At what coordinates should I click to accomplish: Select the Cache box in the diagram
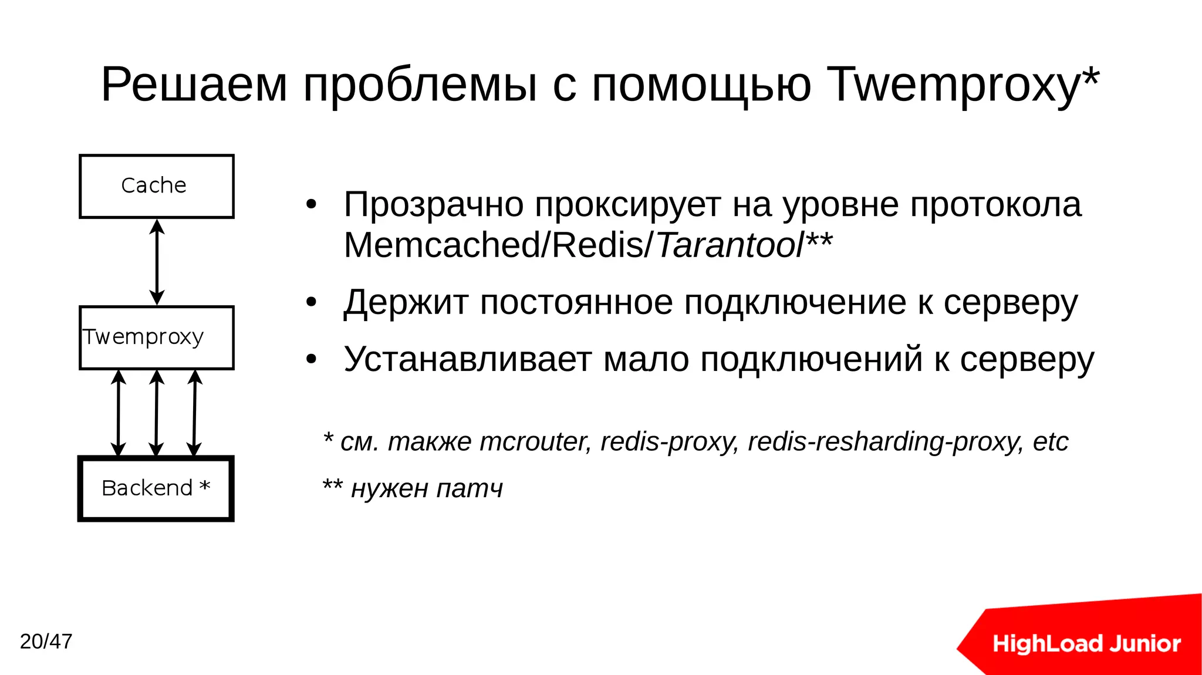(156, 186)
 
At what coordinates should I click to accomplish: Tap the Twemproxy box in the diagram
(156, 338)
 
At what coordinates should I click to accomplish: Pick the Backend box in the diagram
(156, 488)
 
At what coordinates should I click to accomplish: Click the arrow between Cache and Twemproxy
(157, 262)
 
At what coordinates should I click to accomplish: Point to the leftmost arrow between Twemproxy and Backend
(119, 413)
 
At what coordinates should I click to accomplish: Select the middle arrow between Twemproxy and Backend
(156, 413)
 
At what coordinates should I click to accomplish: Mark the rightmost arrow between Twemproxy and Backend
(194, 413)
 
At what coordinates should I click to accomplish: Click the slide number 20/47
(46, 642)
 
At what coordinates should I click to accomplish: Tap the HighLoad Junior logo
(1086, 643)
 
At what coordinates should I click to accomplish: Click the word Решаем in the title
(194, 85)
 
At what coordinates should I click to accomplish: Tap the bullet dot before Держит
(311, 303)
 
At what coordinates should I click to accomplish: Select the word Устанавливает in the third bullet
(467, 359)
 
